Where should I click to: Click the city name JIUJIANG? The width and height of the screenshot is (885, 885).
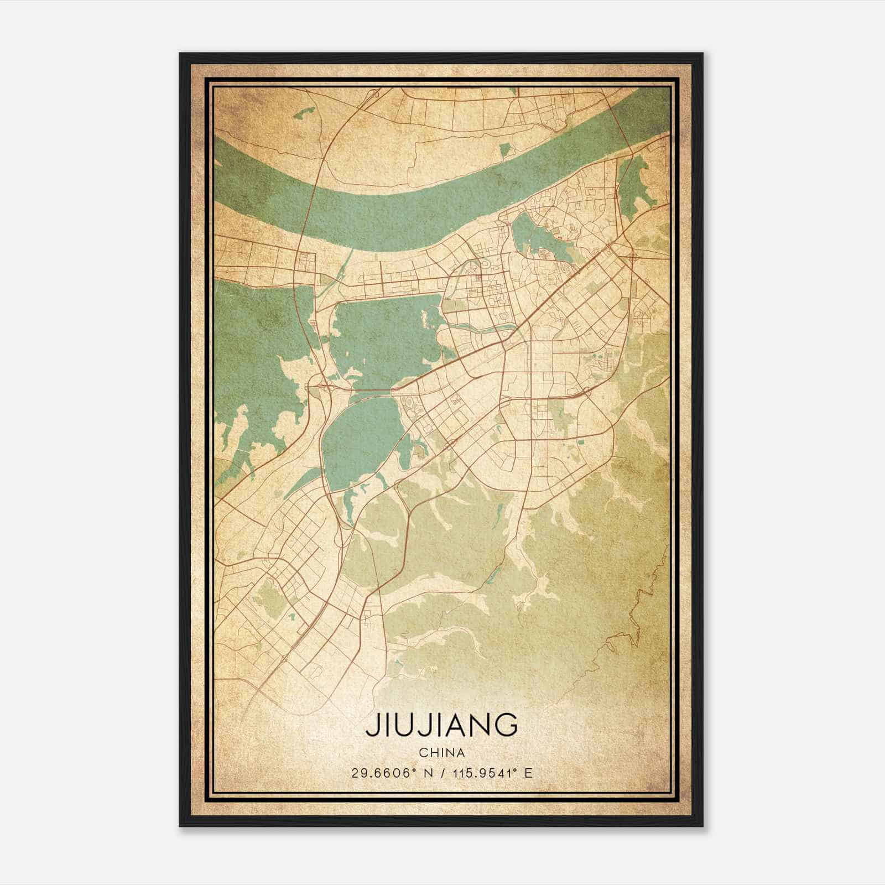pyautogui.click(x=441, y=725)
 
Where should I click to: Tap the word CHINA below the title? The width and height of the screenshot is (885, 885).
pyautogui.click(x=441, y=753)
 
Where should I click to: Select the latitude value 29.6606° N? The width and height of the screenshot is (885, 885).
pyautogui.click(x=388, y=773)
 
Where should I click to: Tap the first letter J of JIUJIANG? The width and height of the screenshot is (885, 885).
pyautogui.click(x=370, y=725)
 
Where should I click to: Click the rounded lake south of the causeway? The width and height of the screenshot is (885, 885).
pyautogui.click(x=360, y=437)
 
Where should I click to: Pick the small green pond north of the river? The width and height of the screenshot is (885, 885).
pyautogui.click(x=504, y=150)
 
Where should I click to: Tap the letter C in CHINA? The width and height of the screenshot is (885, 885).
pyautogui.click(x=423, y=753)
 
